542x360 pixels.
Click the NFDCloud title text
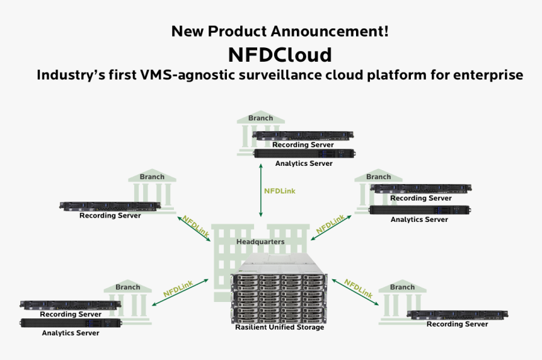point(279,54)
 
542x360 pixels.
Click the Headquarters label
point(260,241)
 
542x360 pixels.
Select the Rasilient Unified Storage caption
point(279,327)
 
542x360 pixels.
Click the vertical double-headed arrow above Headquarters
point(260,189)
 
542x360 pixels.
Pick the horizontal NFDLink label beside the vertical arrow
point(279,190)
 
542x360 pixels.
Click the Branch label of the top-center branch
point(260,118)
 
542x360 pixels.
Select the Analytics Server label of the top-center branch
point(303,163)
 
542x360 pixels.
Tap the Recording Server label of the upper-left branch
point(110,216)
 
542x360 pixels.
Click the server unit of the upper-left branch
point(110,206)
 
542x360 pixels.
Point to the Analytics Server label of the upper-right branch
point(419,219)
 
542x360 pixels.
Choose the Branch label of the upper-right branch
point(378,177)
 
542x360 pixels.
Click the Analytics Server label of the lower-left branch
point(70,333)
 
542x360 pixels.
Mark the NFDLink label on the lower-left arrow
point(178,289)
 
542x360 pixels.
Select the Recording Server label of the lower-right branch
point(457,324)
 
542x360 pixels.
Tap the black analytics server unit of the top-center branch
point(303,153)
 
